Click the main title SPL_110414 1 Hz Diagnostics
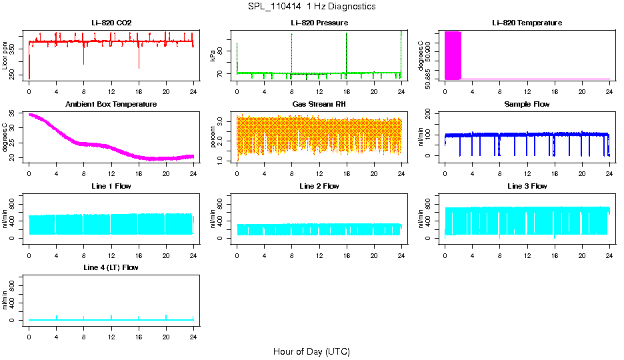coord(311,7)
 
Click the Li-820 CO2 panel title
coord(111,23)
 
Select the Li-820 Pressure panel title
coord(319,23)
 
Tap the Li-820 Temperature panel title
coord(527,23)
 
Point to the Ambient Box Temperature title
coord(111,105)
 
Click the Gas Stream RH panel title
coord(319,105)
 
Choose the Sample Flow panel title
coord(527,105)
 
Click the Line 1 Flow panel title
coord(111,186)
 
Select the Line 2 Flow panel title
coord(319,186)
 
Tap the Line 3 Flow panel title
coord(527,186)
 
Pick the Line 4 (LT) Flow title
coord(111,267)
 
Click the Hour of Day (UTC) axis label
coord(311,351)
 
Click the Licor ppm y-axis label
coord(5,55)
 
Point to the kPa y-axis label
coord(213,55)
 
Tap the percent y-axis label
coord(213,137)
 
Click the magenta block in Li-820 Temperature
coord(453,55)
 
